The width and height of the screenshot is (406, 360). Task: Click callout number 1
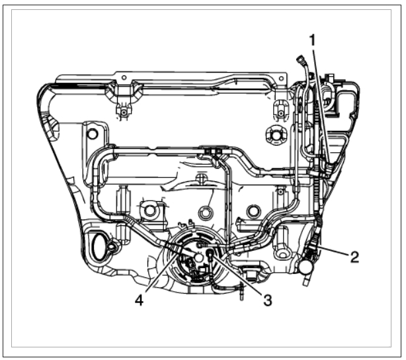(x=313, y=41)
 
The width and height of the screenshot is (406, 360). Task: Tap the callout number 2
(x=354, y=257)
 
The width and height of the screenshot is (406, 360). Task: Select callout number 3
(x=268, y=300)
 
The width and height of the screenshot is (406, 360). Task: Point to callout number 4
(x=139, y=300)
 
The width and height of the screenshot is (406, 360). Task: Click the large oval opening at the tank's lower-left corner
(x=99, y=246)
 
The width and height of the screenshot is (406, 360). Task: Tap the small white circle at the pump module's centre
(x=199, y=257)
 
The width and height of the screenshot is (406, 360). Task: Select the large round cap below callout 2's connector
(x=305, y=267)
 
